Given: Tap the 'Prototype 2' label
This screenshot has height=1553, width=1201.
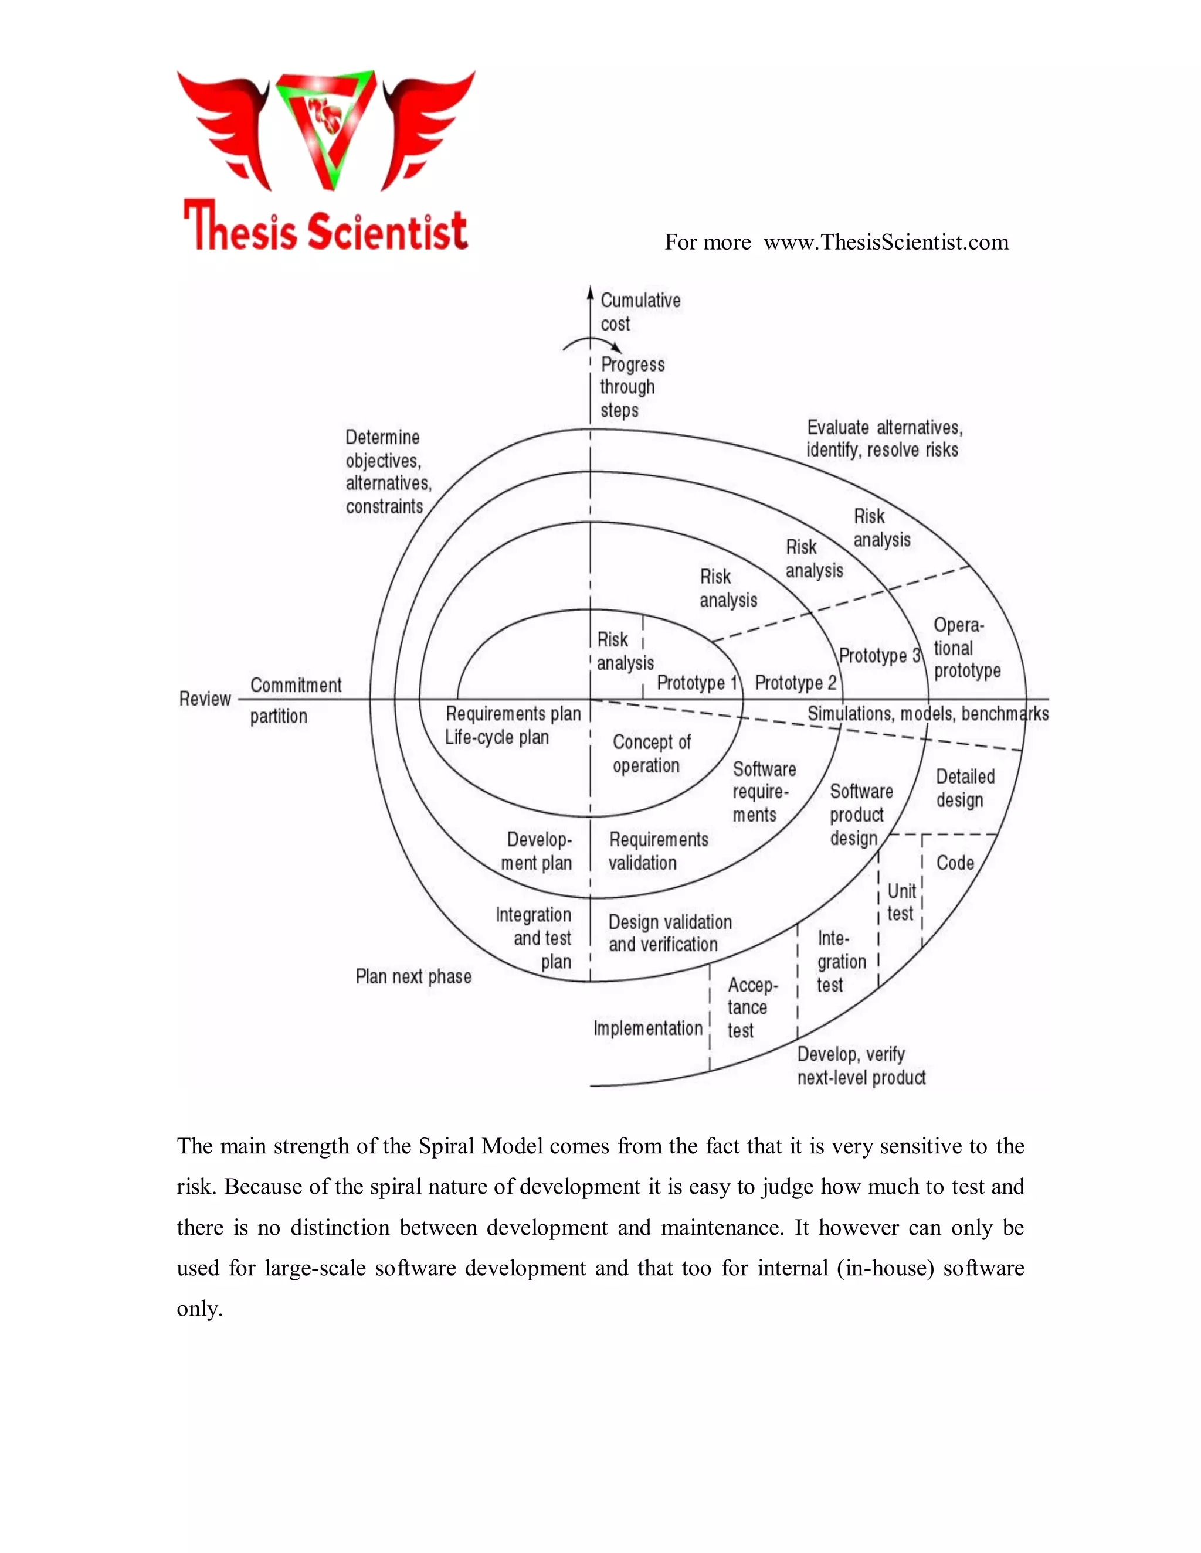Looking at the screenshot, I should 795,683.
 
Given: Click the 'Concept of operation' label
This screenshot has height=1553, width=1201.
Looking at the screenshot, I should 650,754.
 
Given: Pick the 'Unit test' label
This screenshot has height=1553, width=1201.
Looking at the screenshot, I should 901,902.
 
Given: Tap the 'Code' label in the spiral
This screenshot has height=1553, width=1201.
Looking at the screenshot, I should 955,863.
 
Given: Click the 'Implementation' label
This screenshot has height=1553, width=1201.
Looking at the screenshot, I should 647,1028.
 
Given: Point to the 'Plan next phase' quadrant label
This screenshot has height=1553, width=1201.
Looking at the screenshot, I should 413,976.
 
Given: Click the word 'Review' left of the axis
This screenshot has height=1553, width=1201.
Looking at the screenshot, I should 205,699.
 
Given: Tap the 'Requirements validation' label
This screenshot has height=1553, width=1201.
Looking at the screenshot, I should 657,851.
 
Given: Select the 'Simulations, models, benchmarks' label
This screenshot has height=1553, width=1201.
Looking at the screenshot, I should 927,713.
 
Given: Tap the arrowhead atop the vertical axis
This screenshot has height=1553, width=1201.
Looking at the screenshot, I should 590,292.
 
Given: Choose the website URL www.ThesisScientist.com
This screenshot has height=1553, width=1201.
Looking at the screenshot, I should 886,243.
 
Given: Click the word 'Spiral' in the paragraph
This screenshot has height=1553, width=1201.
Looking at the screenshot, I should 447,1146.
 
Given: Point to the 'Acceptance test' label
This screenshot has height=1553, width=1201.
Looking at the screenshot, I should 751,1007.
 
